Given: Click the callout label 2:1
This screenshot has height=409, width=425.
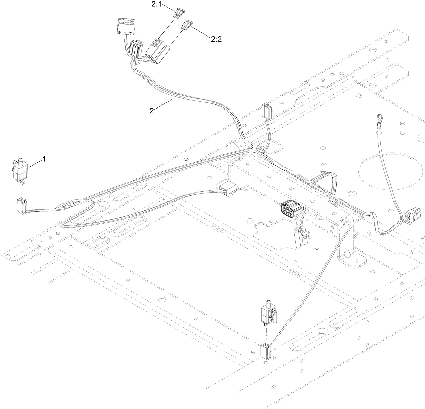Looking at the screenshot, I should pyautogui.click(x=157, y=5).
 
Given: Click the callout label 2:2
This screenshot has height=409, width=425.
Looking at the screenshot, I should pyautogui.click(x=216, y=39).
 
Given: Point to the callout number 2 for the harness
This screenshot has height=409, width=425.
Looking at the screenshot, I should pyautogui.click(x=152, y=111).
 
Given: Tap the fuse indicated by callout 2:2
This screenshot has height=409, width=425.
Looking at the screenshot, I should pyautogui.click(x=187, y=24).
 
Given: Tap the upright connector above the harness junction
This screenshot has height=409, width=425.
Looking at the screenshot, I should pyautogui.click(x=267, y=111).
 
